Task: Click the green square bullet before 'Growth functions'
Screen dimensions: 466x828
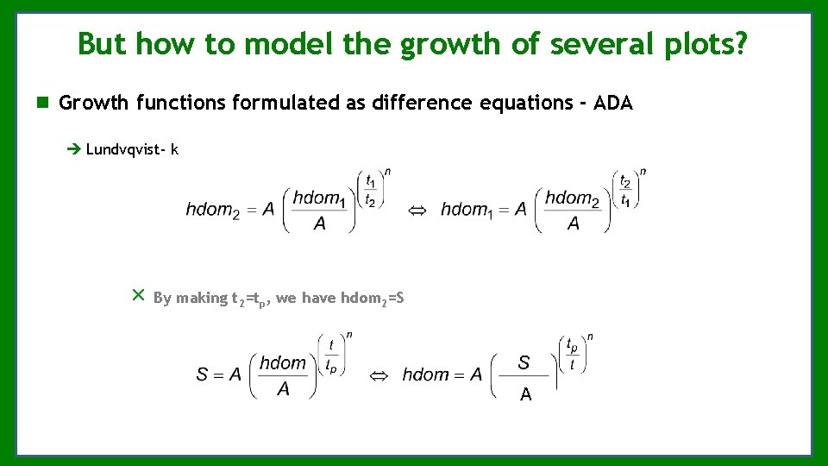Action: click(42, 104)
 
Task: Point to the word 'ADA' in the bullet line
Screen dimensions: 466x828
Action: click(613, 104)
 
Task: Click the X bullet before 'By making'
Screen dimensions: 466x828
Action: click(137, 295)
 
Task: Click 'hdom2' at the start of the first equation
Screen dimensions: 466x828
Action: click(212, 210)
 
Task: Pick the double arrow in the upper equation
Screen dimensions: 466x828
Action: click(417, 210)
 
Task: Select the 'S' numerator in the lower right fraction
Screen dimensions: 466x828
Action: click(524, 362)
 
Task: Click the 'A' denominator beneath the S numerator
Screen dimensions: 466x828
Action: click(525, 395)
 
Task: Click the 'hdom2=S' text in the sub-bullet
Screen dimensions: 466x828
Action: click(373, 298)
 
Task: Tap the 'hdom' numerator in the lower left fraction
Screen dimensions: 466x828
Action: click(283, 363)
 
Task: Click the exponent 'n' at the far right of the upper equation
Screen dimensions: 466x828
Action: click(643, 172)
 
